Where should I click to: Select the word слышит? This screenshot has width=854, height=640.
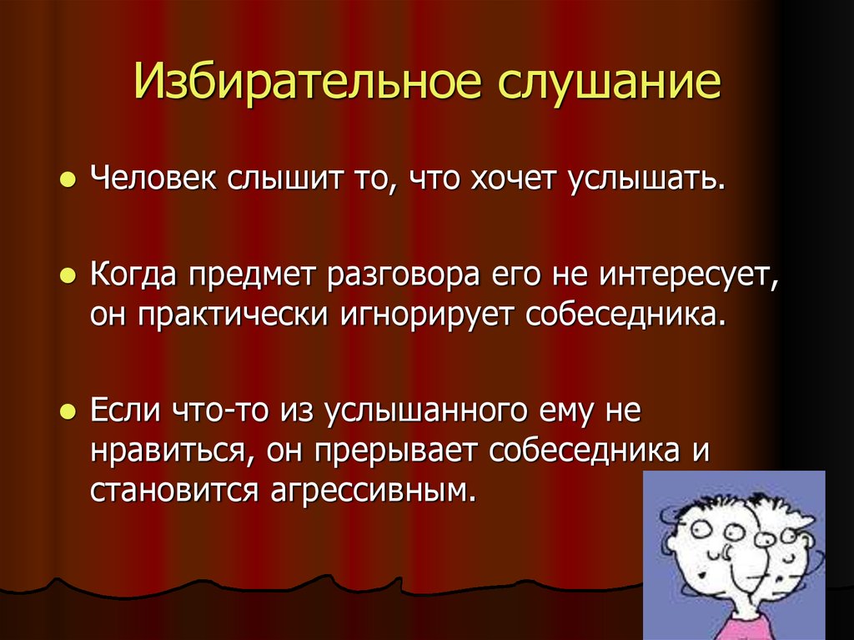pos(271,179)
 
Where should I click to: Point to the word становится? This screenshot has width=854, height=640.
pos(174,490)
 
